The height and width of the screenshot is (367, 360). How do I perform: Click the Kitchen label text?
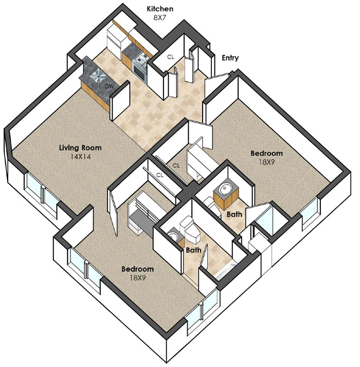point(160,9)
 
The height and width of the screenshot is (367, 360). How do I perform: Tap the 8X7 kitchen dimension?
point(159,17)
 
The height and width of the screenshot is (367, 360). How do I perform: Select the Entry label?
point(230,58)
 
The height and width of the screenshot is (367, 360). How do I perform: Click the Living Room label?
point(80,148)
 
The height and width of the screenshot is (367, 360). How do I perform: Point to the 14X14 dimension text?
point(81,156)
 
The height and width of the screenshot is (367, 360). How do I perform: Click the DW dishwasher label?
point(110,86)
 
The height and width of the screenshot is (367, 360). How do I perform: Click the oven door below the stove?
point(140,72)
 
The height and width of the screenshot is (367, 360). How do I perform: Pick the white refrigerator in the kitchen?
point(114,40)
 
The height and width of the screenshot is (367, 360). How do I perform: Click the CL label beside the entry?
point(171,57)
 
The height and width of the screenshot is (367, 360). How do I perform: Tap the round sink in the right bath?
point(225,188)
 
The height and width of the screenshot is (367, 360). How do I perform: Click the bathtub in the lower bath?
point(225,271)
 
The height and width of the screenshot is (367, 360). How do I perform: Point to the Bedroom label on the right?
point(266,153)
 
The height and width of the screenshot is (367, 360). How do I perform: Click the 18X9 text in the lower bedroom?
point(138,278)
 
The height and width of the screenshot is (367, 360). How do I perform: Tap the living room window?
point(42,192)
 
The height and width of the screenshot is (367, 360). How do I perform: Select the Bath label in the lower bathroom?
point(193,250)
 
